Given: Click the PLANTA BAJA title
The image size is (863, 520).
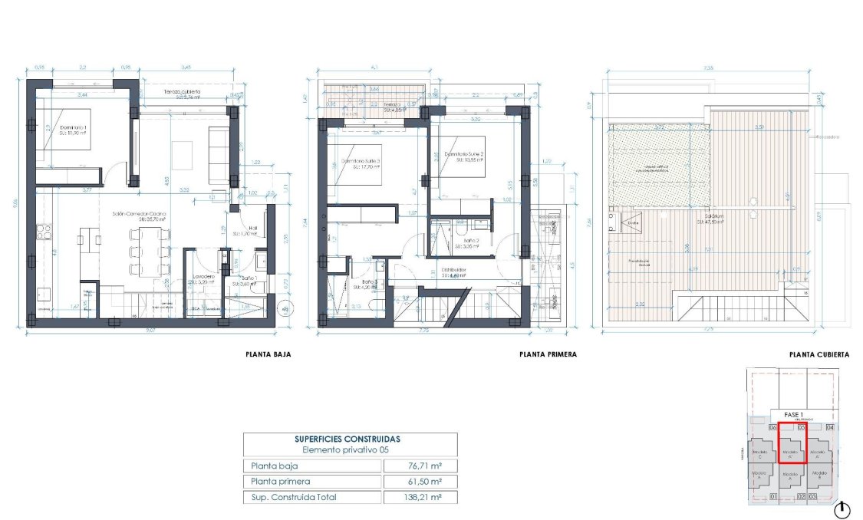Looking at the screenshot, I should click(x=268, y=355).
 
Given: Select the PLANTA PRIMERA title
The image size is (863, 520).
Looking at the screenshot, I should click(x=547, y=355).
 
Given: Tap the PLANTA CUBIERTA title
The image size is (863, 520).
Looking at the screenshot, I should click(x=819, y=355).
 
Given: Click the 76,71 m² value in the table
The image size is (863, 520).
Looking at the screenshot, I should click(x=419, y=466).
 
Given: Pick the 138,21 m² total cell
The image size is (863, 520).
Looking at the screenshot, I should click(x=419, y=497).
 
